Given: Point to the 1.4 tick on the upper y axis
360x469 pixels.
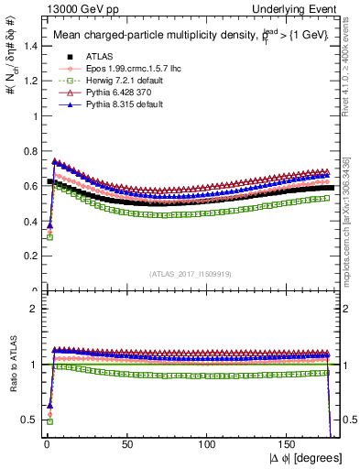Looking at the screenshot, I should click(27, 47).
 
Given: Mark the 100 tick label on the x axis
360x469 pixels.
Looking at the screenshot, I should click(208, 443).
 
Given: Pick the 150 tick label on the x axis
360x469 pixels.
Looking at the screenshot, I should click(289, 443).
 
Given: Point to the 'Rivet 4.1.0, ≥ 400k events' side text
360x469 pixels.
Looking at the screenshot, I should click(351, 73).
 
